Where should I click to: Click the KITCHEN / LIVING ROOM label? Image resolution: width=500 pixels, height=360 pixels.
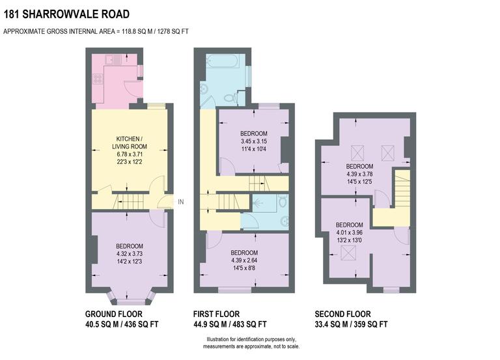coord(130,143)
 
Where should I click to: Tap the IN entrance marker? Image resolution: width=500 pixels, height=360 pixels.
coord(181,202)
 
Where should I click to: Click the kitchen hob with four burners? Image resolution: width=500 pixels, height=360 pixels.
coord(98,79)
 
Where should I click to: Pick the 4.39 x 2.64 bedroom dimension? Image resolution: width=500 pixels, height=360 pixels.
coord(243,260)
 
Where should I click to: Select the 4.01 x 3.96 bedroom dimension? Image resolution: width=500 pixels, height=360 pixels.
coord(350,232)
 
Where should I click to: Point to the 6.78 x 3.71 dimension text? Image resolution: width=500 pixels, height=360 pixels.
coord(130,154)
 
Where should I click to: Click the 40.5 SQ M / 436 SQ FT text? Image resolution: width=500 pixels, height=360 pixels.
coord(122,324)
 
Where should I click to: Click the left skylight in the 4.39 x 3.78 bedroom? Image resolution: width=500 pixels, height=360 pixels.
coord(357,153)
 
